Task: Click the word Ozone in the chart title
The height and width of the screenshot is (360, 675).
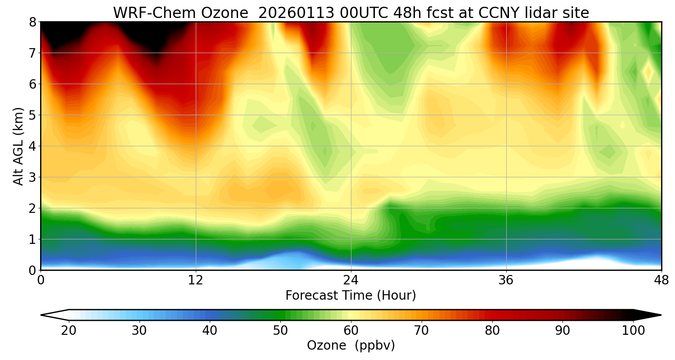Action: (x=227, y=13)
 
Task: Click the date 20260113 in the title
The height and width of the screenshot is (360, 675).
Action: (x=296, y=13)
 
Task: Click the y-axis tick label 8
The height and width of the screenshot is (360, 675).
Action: (x=33, y=22)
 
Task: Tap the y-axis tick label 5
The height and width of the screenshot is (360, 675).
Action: (x=33, y=115)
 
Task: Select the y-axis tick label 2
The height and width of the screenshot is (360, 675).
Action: (x=33, y=208)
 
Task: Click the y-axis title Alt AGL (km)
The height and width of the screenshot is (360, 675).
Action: (x=18, y=146)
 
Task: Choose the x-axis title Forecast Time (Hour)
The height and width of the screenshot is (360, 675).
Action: (x=351, y=296)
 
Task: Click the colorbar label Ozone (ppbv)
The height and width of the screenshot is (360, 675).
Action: (x=351, y=345)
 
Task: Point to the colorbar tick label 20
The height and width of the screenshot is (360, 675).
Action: (x=69, y=331)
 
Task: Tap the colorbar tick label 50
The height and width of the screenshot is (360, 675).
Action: (x=280, y=331)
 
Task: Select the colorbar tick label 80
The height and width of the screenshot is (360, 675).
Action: (x=492, y=331)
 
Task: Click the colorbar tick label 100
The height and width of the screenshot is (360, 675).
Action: (x=633, y=331)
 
